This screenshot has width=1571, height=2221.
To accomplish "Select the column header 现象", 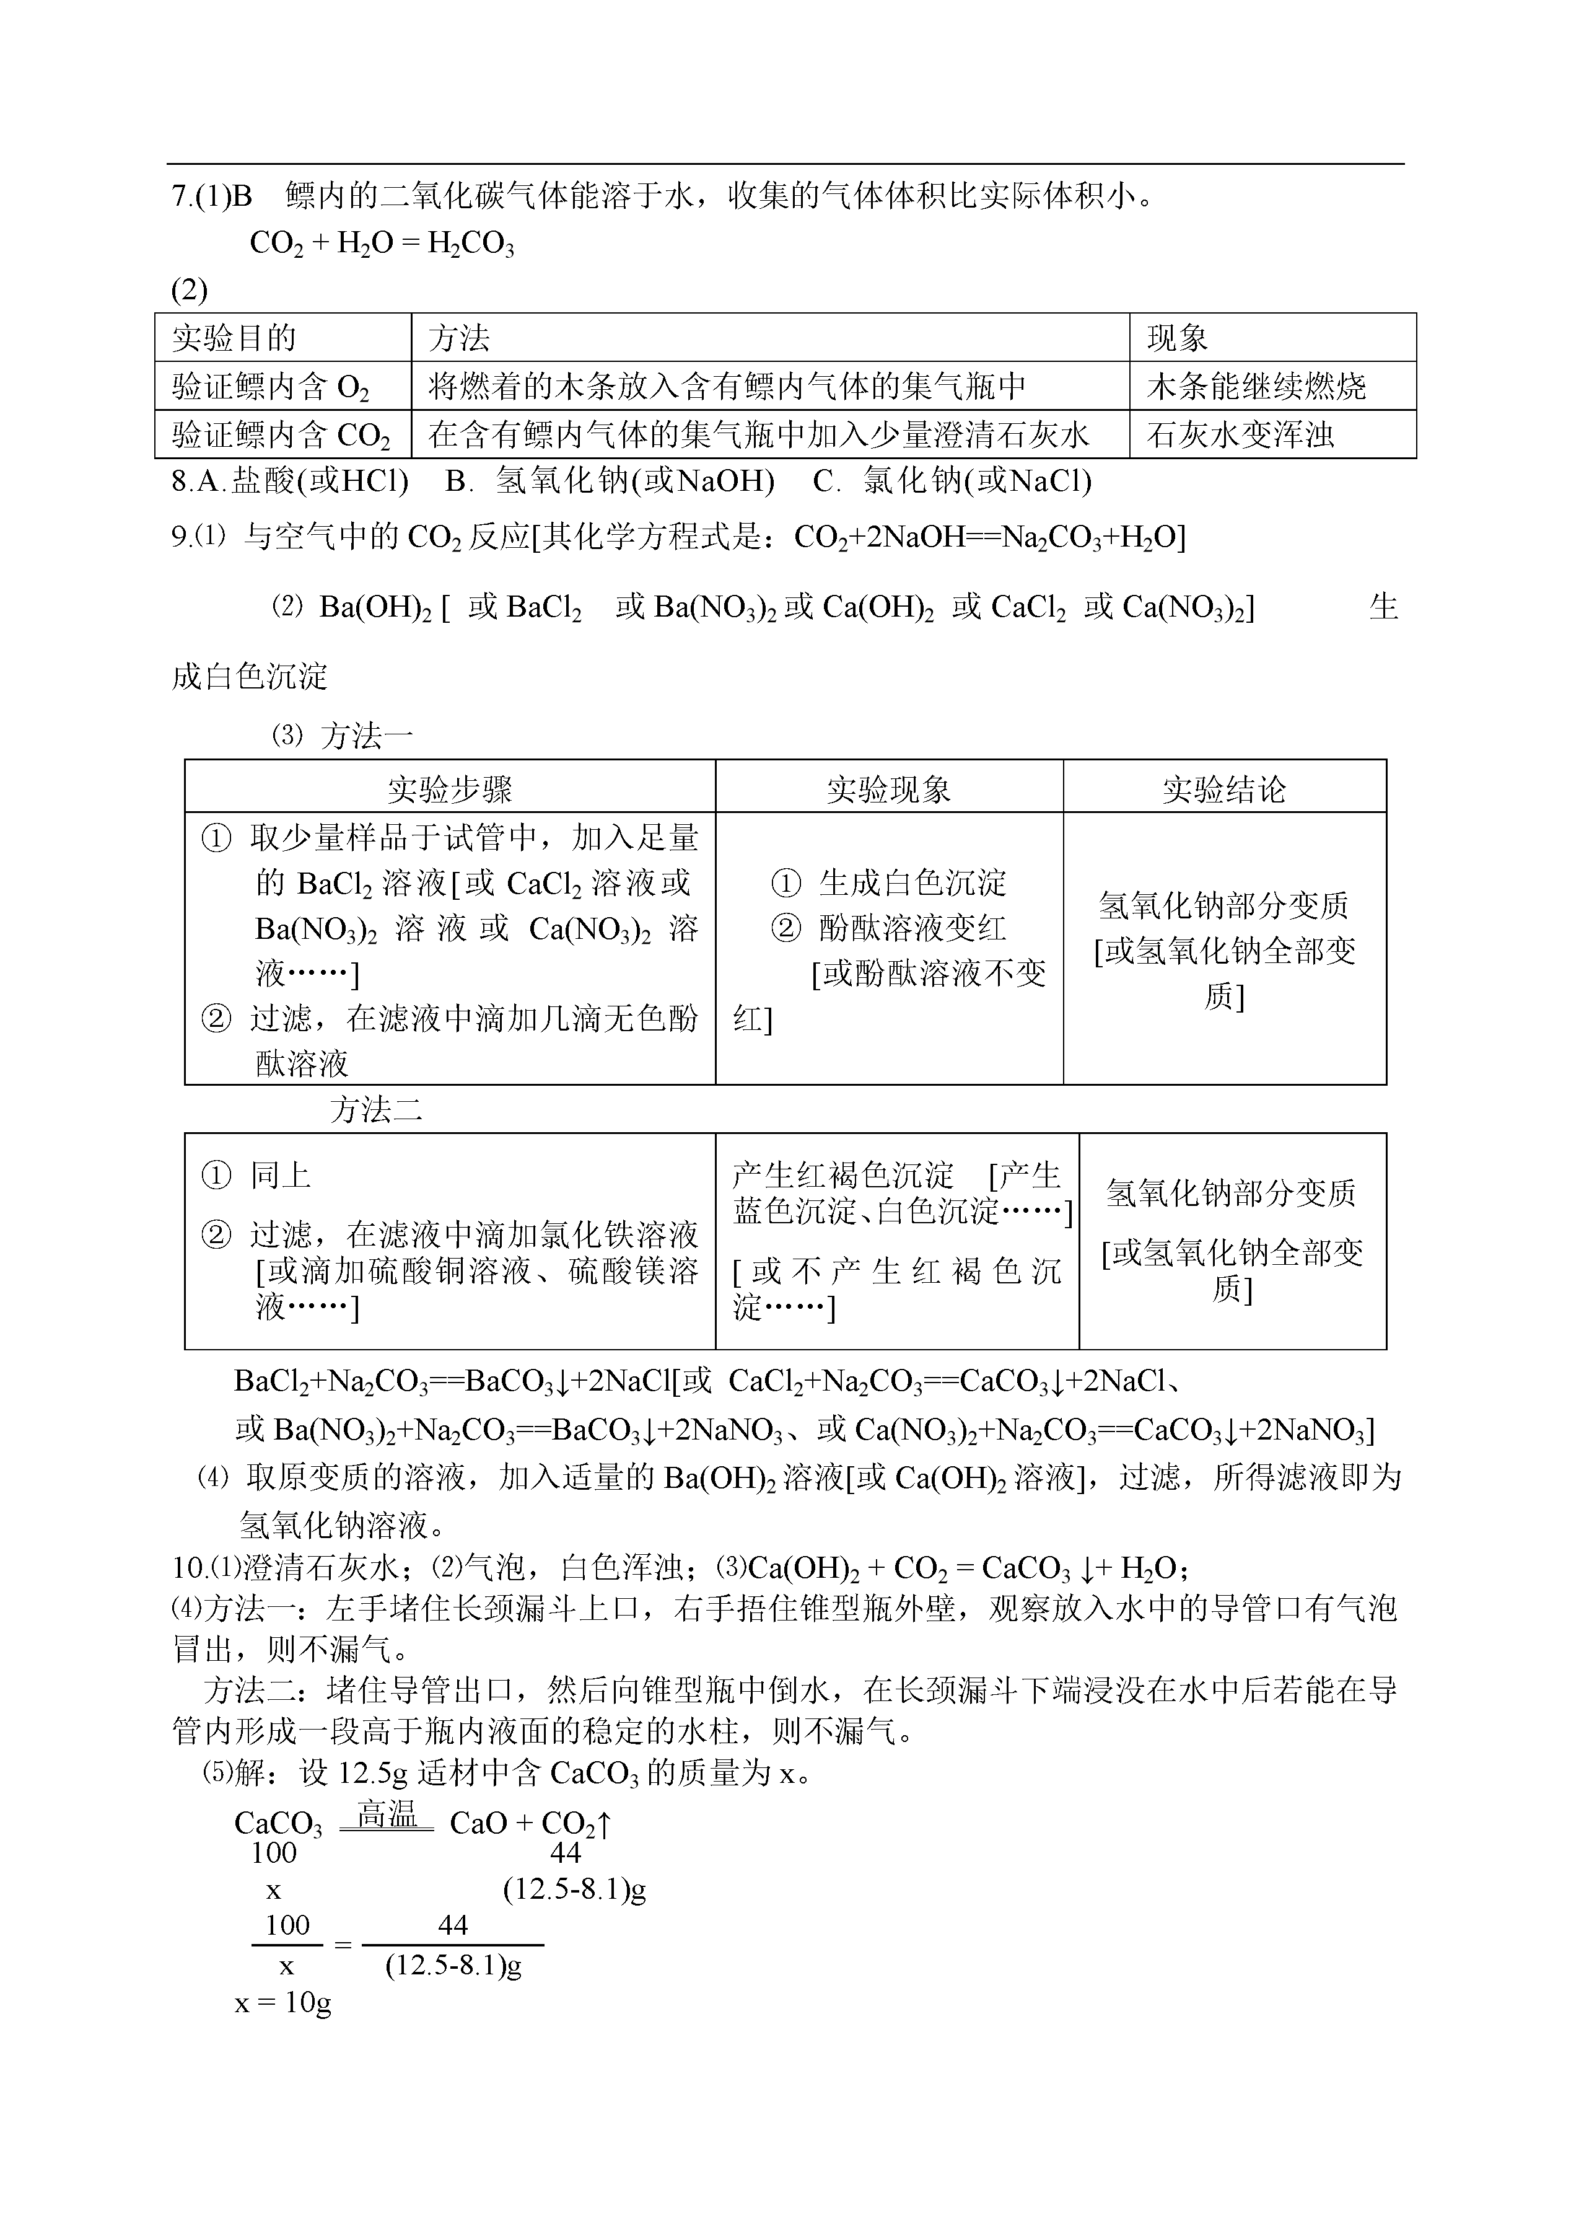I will (x=1176, y=338).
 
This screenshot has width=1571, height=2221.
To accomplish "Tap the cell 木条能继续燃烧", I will (x=1256, y=386).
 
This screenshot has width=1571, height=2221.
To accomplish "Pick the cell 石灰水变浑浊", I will (x=1240, y=434).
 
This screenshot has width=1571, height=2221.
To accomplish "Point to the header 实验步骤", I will (x=449, y=789).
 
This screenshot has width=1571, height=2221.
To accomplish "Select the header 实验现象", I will (x=888, y=789).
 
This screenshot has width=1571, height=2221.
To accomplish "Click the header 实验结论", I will (x=1223, y=789).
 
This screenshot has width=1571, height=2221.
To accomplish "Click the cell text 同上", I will (x=281, y=1176).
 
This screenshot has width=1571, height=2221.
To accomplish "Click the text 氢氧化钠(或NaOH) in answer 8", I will (x=634, y=481).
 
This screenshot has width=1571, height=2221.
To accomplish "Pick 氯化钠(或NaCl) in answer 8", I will (x=977, y=481).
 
